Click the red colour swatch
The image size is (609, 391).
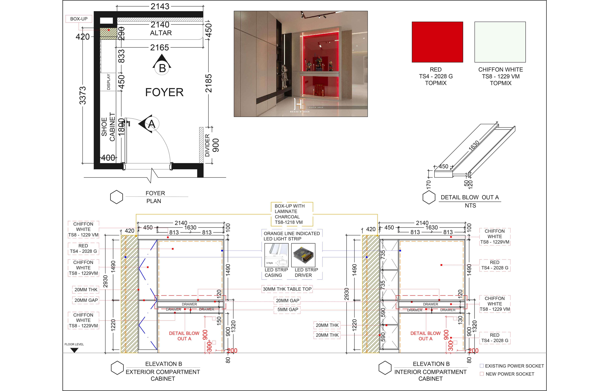(437, 42)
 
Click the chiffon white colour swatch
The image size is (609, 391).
(500, 42)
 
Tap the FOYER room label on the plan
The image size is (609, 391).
(164, 92)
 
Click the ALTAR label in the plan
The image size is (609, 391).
(161, 33)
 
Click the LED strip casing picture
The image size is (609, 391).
(276, 255)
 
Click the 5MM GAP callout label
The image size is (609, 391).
(287, 309)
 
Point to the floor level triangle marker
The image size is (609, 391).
(74, 350)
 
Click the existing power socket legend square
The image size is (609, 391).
(481, 366)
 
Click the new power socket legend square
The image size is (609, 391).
(481, 374)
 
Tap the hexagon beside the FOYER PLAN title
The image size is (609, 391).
(116, 197)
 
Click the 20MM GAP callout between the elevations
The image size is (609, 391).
(287, 301)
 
